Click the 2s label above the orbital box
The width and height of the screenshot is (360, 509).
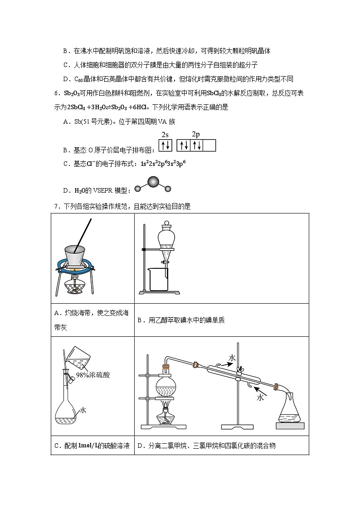[165, 135]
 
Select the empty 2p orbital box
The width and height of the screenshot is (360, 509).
[209, 145]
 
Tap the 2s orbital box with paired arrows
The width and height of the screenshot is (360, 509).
[165, 145]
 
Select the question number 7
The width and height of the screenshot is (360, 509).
[56, 206]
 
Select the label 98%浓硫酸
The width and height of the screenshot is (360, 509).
[93, 375]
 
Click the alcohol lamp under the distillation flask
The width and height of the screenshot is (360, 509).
[166, 416]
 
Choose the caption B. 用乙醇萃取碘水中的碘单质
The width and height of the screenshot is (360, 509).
[181, 320]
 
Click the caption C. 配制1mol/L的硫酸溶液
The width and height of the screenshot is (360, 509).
[92, 446]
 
